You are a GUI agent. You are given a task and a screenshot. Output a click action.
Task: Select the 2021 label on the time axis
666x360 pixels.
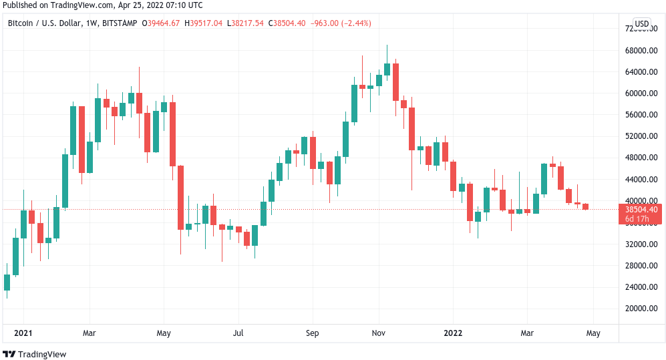click(23, 333)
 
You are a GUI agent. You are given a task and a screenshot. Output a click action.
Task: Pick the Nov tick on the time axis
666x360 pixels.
click(379, 333)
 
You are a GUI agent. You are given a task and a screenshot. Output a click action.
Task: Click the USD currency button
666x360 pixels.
click(641, 24)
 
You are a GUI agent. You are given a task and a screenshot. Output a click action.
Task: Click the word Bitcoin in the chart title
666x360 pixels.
click(21, 23)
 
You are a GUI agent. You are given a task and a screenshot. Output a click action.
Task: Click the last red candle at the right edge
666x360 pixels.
click(585, 206)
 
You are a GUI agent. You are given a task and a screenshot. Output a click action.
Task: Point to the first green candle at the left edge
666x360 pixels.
click(7, 283)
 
